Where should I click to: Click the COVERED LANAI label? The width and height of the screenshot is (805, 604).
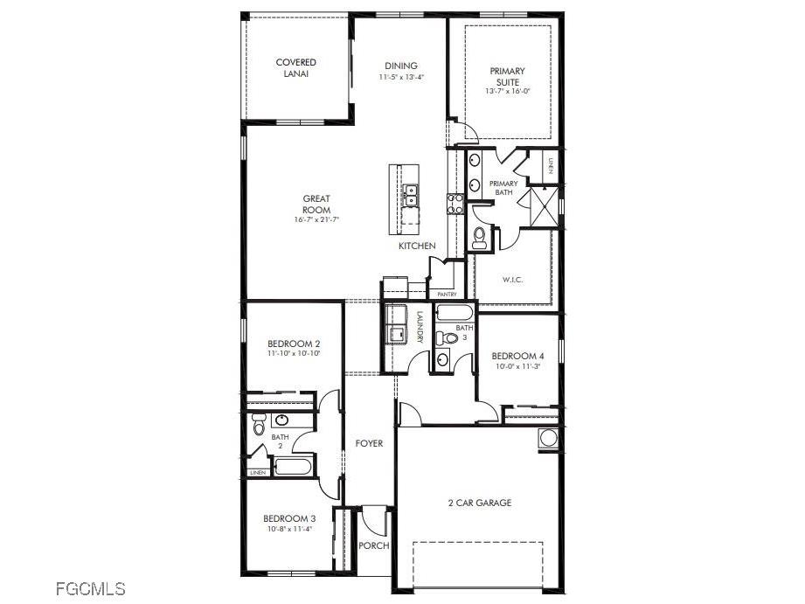[295, 68]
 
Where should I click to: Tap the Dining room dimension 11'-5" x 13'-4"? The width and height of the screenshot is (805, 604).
[401, 77]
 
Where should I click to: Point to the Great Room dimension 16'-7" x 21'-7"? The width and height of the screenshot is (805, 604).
[316, 219]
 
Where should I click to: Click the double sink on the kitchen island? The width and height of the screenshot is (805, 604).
[410, 194]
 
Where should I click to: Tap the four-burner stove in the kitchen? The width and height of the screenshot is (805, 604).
[455, 204]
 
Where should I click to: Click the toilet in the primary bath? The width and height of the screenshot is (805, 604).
[480, 237]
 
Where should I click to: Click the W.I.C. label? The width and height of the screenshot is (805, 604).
[512, 280]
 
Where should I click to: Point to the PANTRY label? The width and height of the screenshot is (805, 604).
[447, 295]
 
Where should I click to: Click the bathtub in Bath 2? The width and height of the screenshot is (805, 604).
[292, 464]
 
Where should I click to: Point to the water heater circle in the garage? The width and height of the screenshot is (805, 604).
[548, 438]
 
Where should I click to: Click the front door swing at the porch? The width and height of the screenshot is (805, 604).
[373, 523]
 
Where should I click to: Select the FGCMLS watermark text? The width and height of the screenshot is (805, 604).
[90, 588]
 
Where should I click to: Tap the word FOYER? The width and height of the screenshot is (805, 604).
[369, 443]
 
